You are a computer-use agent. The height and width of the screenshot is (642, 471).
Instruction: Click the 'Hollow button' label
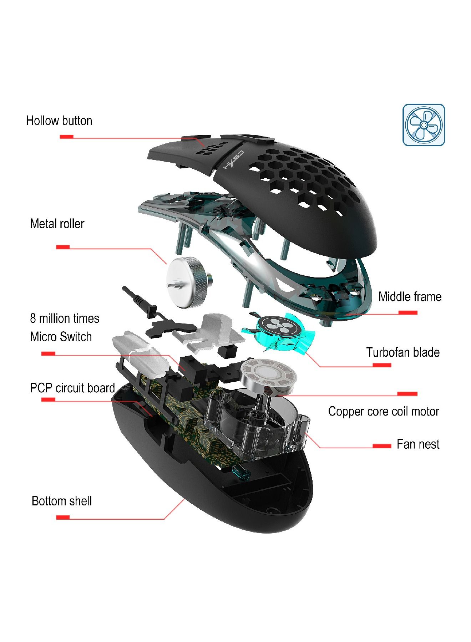(59, 121)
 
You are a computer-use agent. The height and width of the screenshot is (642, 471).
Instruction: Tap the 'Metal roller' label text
(57, 224)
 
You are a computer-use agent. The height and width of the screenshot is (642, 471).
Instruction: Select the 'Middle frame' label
(410, 297)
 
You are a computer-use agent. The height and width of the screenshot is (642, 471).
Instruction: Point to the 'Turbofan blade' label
(403, 352)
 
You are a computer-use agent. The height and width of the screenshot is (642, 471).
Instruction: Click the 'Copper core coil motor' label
(384, 412)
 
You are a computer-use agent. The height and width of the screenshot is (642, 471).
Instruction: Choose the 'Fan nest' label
(418, 444)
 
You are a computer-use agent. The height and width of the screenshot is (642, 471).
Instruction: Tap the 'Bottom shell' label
(62, 501)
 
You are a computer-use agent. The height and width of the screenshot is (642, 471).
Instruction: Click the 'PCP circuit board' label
(72, 388)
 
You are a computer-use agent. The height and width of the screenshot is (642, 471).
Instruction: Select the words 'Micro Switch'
(61, 337)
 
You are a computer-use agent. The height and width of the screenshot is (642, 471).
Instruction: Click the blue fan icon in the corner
(424, 125)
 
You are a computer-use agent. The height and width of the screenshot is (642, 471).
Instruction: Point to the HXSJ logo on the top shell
(234, 160)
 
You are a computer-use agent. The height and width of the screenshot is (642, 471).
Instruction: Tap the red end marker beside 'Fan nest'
(382, 446)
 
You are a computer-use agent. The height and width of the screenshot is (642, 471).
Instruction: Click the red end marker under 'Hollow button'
(66, 137)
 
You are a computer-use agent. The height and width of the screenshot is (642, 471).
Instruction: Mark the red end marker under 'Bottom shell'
(63, 517)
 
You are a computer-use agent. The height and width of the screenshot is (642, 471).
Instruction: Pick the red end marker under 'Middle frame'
(408, 313)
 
